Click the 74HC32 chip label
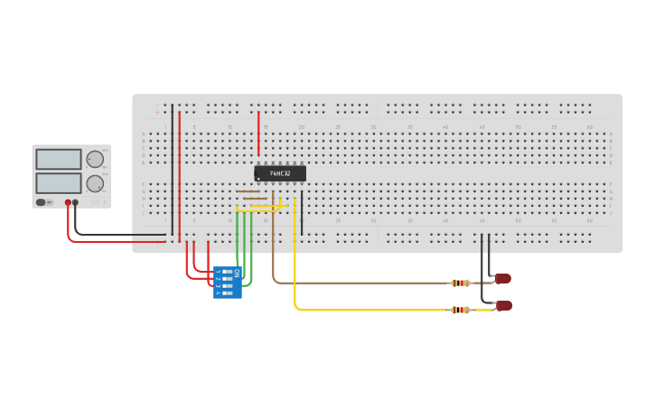279,173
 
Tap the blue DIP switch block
227,282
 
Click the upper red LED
503,279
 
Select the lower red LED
504,306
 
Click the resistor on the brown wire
460,283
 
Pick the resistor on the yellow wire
460,310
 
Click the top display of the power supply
58,159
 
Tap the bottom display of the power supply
58,183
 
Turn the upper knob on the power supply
94,160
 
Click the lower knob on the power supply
94,183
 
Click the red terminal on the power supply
68,203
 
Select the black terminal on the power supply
76,203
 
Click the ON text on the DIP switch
237,272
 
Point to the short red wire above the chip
258,134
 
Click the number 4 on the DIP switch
218,293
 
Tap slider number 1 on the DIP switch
226,271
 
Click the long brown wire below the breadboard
361,283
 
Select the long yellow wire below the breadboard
361,310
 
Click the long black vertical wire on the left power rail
173,167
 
